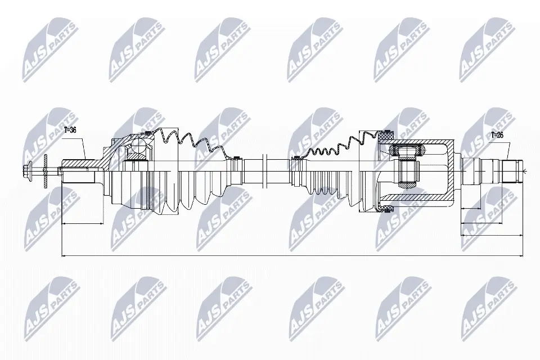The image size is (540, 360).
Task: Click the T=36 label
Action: click(70, 130)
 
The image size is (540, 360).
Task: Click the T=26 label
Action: click(497, 135)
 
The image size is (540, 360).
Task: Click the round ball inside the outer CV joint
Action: click(137, 150)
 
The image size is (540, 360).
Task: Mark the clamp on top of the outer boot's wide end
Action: click(148, 133)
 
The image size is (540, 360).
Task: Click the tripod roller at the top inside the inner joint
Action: click(405, 151)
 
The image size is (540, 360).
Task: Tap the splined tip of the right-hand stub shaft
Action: click(512, 169)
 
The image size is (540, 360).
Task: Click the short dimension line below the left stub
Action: click(82, 223)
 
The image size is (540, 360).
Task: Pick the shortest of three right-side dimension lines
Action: click(471, 209)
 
